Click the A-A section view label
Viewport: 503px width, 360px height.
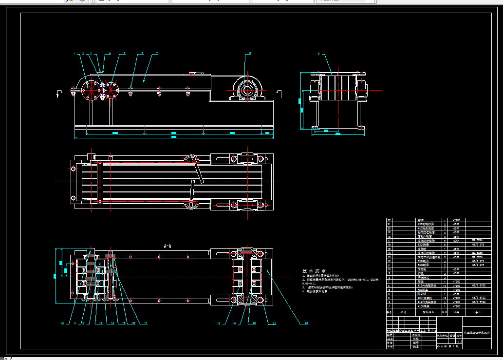coord(167,246)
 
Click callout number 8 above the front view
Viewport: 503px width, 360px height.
coord(250,53)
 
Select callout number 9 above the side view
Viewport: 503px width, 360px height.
coord(318,54)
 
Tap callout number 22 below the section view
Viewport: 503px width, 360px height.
coord(306,323)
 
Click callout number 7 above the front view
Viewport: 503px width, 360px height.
coord(157,53)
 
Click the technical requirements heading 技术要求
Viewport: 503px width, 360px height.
coord(314,271)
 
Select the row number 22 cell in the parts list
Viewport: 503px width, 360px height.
coord(389,220)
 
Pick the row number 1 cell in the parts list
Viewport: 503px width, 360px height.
coord(389,306)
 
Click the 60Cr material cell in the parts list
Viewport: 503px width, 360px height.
coord(456,240)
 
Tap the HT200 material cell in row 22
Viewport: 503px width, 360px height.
coord(456,220)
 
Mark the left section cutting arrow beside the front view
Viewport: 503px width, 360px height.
coord(59,93)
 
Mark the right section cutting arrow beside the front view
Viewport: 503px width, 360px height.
coord(279,93)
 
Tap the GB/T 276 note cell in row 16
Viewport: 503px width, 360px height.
coord(478,244)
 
